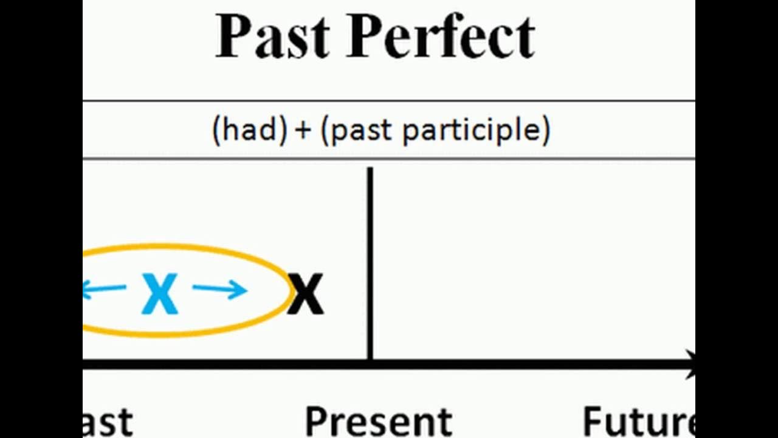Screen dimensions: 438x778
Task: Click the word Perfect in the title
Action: pos(442,36)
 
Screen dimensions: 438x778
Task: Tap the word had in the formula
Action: pos(249,130)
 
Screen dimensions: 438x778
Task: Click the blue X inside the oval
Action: pos(160,294)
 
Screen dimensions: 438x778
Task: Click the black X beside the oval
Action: pos(306,294)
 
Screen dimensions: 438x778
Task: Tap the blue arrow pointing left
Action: pos(103,290)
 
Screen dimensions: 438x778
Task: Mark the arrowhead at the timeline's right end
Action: pos(690,364)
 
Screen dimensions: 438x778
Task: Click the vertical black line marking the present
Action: pos(370,262)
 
